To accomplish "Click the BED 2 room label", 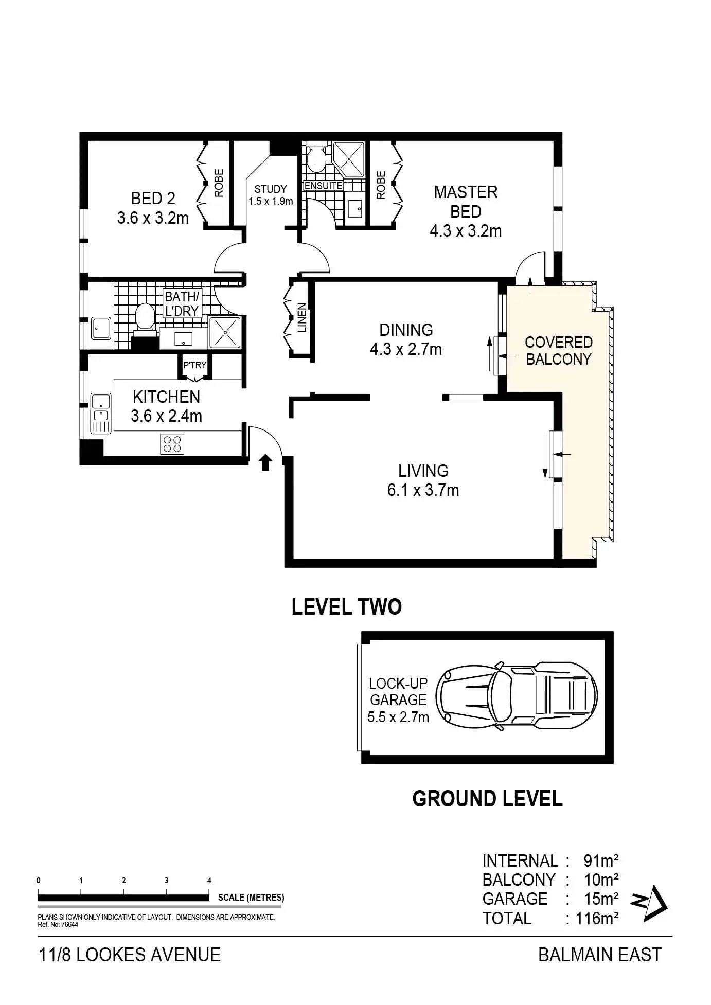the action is tap(153, 198).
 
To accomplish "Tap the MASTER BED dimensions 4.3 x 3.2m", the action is tap(466, 231).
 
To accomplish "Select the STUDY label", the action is tap(271, 189).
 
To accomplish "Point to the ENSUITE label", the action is tap(324, 186).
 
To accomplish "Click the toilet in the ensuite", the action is tap(315, 159).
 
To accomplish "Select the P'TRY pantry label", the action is tap(194, 365).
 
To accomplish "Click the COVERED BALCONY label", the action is tap(558, 351).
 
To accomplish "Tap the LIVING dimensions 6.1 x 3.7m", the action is tap(423, 490).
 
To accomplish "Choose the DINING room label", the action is tap(406, 330).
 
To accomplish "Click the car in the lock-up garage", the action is tap(517, 697).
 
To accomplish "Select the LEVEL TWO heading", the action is tap(346, 607).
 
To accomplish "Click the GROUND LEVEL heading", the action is tap(487, 799).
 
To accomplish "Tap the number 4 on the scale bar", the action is tap(209, 880).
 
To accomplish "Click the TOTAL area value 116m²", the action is tap(592, 918).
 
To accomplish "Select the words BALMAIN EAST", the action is tap(600, 955).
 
